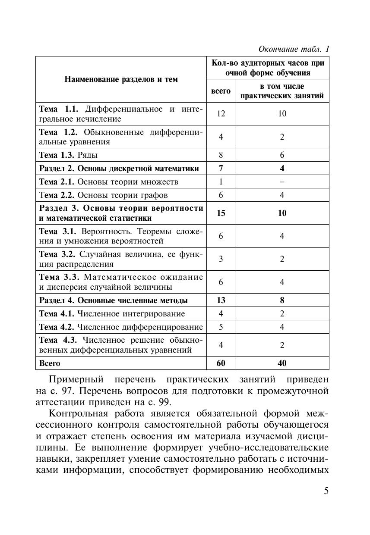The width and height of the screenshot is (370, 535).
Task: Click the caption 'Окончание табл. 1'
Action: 294,49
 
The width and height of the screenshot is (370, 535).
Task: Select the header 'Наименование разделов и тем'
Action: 121,79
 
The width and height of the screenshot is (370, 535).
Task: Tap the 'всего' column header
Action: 221,91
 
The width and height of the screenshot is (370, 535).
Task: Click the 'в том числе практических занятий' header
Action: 282,91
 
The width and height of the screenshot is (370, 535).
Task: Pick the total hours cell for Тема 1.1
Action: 221,114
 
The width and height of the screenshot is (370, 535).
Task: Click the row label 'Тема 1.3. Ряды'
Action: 71,155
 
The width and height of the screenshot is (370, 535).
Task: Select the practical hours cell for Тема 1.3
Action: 282,155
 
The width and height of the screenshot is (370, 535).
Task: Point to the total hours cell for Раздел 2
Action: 221,169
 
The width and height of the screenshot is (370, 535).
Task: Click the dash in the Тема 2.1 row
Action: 282,182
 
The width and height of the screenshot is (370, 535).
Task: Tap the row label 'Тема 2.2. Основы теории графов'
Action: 104,195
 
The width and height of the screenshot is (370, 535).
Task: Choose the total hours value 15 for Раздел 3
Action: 221,213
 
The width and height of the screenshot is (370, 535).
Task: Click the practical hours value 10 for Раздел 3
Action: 282,213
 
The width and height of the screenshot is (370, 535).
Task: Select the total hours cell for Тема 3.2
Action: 221,259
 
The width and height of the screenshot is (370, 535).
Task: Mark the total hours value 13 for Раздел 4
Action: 221,300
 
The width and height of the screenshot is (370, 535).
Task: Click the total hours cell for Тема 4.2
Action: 221,327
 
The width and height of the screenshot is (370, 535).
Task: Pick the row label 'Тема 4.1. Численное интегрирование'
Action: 112,314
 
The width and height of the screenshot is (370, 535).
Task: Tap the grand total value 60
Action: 221,363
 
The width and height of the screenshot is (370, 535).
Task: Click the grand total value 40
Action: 282,363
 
